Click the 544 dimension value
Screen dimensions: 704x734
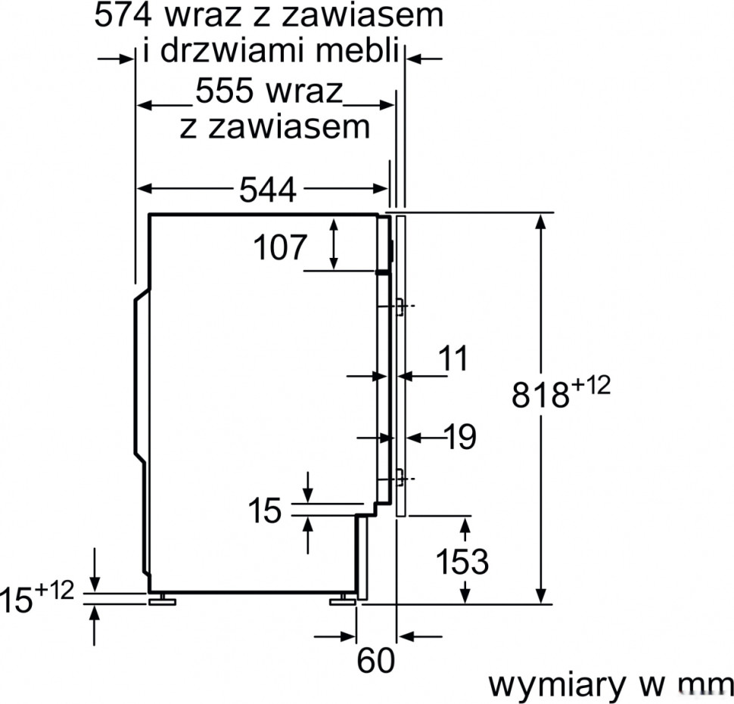click(267, 191)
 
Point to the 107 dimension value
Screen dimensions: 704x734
click(280, 248)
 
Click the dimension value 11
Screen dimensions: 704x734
click(454, 359)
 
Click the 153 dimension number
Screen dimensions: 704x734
click(462, 562)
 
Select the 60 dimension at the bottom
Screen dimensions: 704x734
click(376, 662)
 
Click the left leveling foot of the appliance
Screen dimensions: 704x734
click(161, 600)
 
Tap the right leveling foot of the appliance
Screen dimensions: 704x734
click(341, 600)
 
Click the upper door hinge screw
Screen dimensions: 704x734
click(399, 305)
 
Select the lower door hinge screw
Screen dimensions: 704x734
click(399, 477)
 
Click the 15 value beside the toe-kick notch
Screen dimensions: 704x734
click(265, 510)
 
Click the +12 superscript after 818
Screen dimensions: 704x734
click(591, 385)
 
